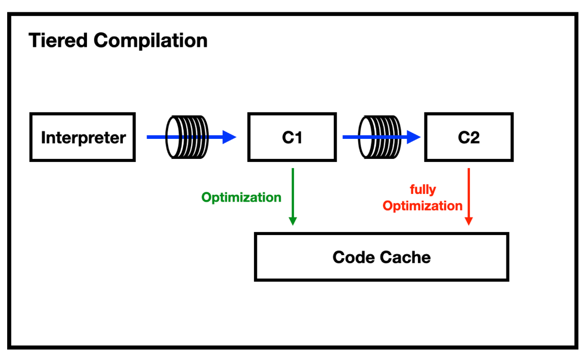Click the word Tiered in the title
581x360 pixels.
point(58,40)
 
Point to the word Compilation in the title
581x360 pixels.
point(151,41)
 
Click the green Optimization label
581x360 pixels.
point(241,197)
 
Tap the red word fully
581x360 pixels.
point(423,189)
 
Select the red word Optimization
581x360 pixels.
point(423,206)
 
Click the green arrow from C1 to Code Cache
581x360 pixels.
point(293,196)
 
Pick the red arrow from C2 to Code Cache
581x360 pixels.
point(469,196)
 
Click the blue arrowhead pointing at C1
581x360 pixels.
point(229,137)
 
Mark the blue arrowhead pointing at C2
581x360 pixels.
point(413,137)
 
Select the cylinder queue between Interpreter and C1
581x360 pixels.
point(187,137)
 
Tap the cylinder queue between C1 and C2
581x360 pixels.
point(380,137)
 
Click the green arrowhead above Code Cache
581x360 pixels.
point(293,221)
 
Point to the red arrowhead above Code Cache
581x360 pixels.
point(469,221)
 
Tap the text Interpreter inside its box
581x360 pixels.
point(83,138)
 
